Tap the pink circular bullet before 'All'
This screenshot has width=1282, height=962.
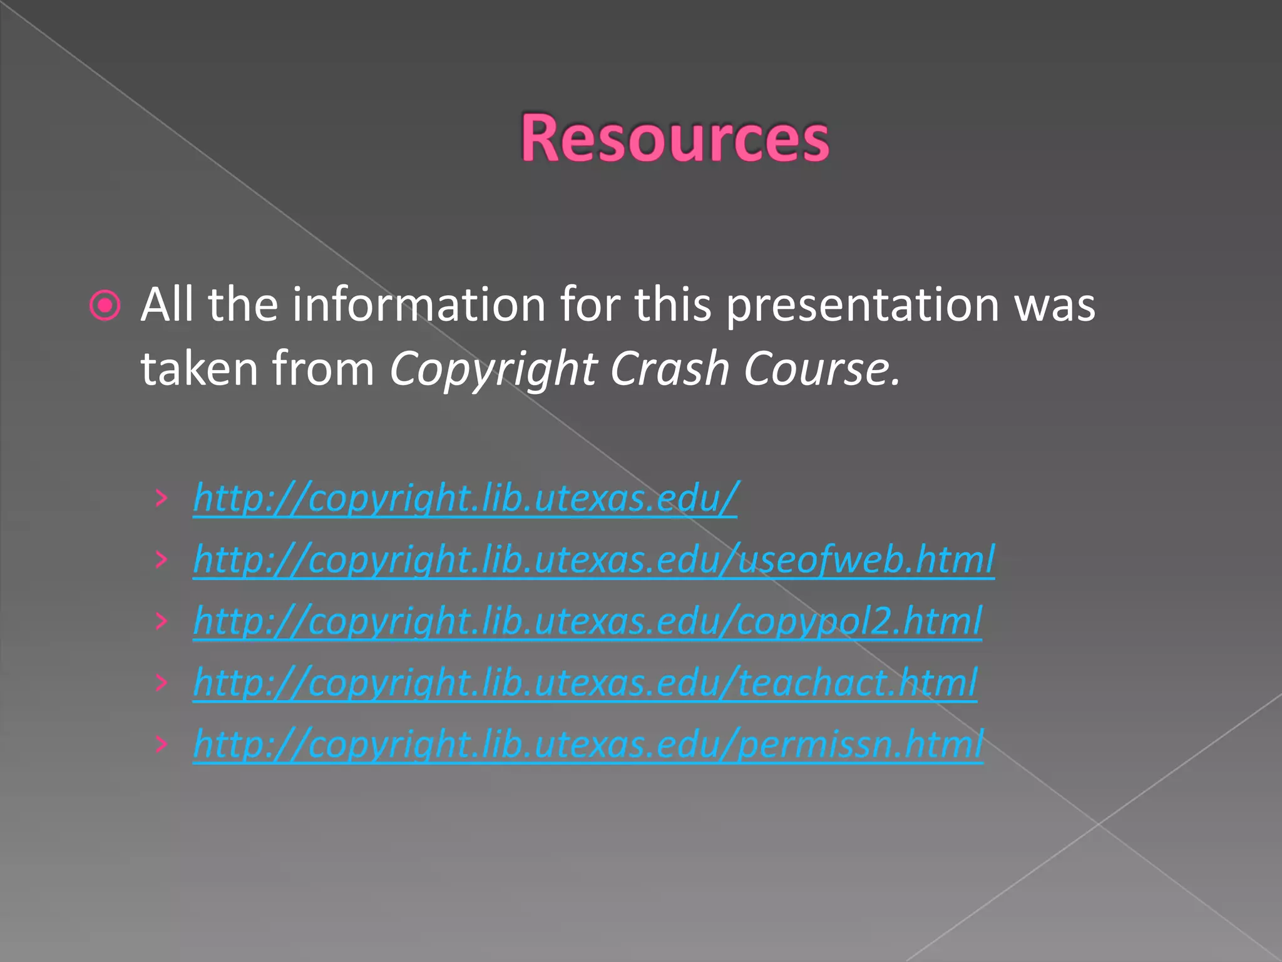[105, 306]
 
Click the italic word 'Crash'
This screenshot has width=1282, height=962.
[669, 368]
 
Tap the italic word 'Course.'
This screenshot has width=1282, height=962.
[822, 368]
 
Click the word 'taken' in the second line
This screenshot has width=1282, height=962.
[199, 368]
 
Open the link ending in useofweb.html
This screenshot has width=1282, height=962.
[593, 559]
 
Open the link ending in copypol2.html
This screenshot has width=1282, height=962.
[587, 621]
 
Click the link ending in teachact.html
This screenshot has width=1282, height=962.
[585, 682]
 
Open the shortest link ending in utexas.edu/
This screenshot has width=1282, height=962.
[465, 499]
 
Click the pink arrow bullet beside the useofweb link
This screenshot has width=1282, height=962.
[162, 559]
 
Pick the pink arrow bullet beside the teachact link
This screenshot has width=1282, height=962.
[162, 682]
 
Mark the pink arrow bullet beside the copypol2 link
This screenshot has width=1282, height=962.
[162, 621]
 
